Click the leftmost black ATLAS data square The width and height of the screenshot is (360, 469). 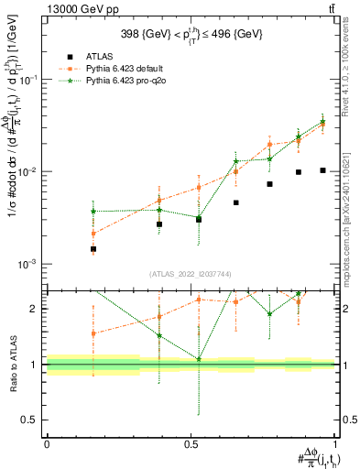(x=93, y=248)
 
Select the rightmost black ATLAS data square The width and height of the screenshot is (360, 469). (x=322, y=170)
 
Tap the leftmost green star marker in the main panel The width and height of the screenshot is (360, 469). (x=93, y=212)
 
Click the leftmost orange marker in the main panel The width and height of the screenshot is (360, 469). (x=93, y=234)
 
